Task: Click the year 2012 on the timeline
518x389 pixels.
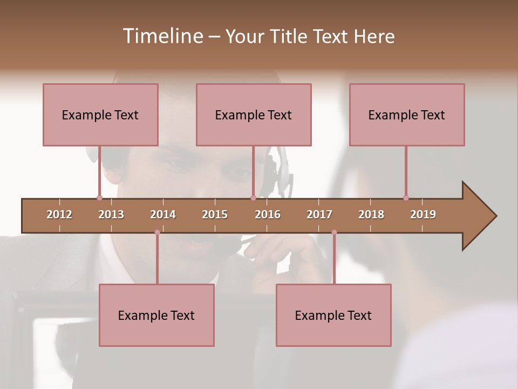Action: (x=59, y=214)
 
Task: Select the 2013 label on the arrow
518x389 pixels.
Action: (x=111, y=214)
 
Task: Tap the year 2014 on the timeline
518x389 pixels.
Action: (x=163, y=214)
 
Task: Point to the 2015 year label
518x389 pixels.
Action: (x=215, y=214)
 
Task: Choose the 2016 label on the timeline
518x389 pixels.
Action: (x=268, y=214)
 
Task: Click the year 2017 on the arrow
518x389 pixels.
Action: (x=319, y=214)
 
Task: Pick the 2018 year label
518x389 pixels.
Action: (x=371, y=214)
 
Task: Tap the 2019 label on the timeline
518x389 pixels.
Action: (x=423, y=214)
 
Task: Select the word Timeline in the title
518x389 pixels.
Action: (x=162, y=36)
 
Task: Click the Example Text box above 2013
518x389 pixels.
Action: (x=100, y=115)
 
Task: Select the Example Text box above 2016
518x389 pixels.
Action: (x=254, y=115)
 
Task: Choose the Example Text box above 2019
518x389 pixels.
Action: (x=407, y=115)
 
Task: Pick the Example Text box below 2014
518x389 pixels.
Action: (x=156, y=315)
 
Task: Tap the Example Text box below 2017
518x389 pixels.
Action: (x=333, y=315)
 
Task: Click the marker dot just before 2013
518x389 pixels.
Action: (x=99, y=198)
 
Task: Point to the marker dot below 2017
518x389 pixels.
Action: (x=334, y=232)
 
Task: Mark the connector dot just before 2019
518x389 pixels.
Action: (x=406, y=198)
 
